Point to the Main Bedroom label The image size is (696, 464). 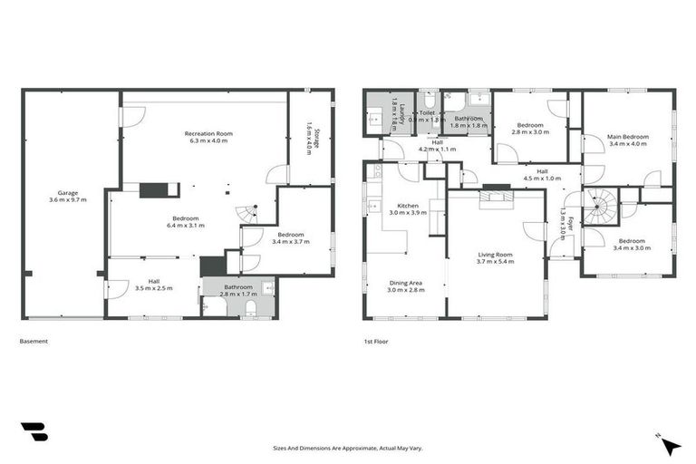(627, 139)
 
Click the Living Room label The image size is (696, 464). (496, 258)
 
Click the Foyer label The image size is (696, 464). (563, 224)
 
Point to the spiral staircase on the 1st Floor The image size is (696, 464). (598, 209)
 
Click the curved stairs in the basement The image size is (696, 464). (246, 214)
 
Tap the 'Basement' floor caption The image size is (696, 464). (34, 342)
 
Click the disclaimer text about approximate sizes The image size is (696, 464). (348, 448)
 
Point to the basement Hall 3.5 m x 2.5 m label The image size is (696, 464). (152, 285)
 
